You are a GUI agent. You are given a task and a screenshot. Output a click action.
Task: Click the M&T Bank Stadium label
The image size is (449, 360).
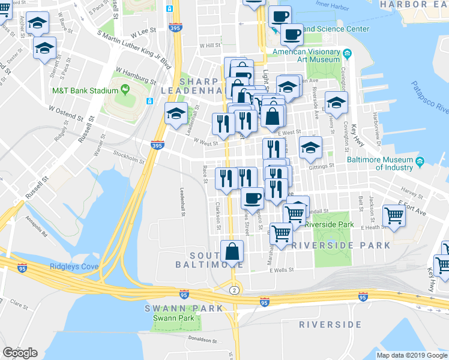pyautogui.click(x=84, y=91)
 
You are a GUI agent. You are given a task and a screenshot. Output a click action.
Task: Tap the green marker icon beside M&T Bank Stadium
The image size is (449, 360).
pyautogui.click(x=125, y=91)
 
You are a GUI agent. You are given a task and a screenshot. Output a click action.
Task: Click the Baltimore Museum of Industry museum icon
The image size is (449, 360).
pyautogui.click(x=420, y=161)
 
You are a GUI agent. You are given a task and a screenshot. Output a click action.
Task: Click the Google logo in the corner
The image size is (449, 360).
pyautogui.click(x=20, y=353)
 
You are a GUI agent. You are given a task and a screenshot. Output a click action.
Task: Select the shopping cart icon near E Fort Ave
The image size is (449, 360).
pyautogui.click(x=394, y=215)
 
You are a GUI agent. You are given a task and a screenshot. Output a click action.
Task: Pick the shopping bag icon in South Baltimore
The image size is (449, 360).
pyautogui.click(x=232, y=251)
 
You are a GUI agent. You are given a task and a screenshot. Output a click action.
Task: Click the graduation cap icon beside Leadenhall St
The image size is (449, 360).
pyautogui.click(x=176, y=113)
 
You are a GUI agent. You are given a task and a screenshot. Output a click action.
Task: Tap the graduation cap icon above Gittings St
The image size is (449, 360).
pyautogui.click(x=310, y=148)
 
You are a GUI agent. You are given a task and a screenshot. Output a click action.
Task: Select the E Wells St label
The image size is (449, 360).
pyautogui.click(x=282, y=270)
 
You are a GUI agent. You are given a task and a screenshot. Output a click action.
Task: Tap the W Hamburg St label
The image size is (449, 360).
pyautogui.click(x=136, y=76)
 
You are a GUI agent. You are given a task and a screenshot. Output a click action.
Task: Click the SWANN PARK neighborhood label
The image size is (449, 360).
pyautogui.click(x=175, y=308)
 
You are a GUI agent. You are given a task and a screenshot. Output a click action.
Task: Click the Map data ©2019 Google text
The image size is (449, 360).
pyautogui.click(x=412, y=355)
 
